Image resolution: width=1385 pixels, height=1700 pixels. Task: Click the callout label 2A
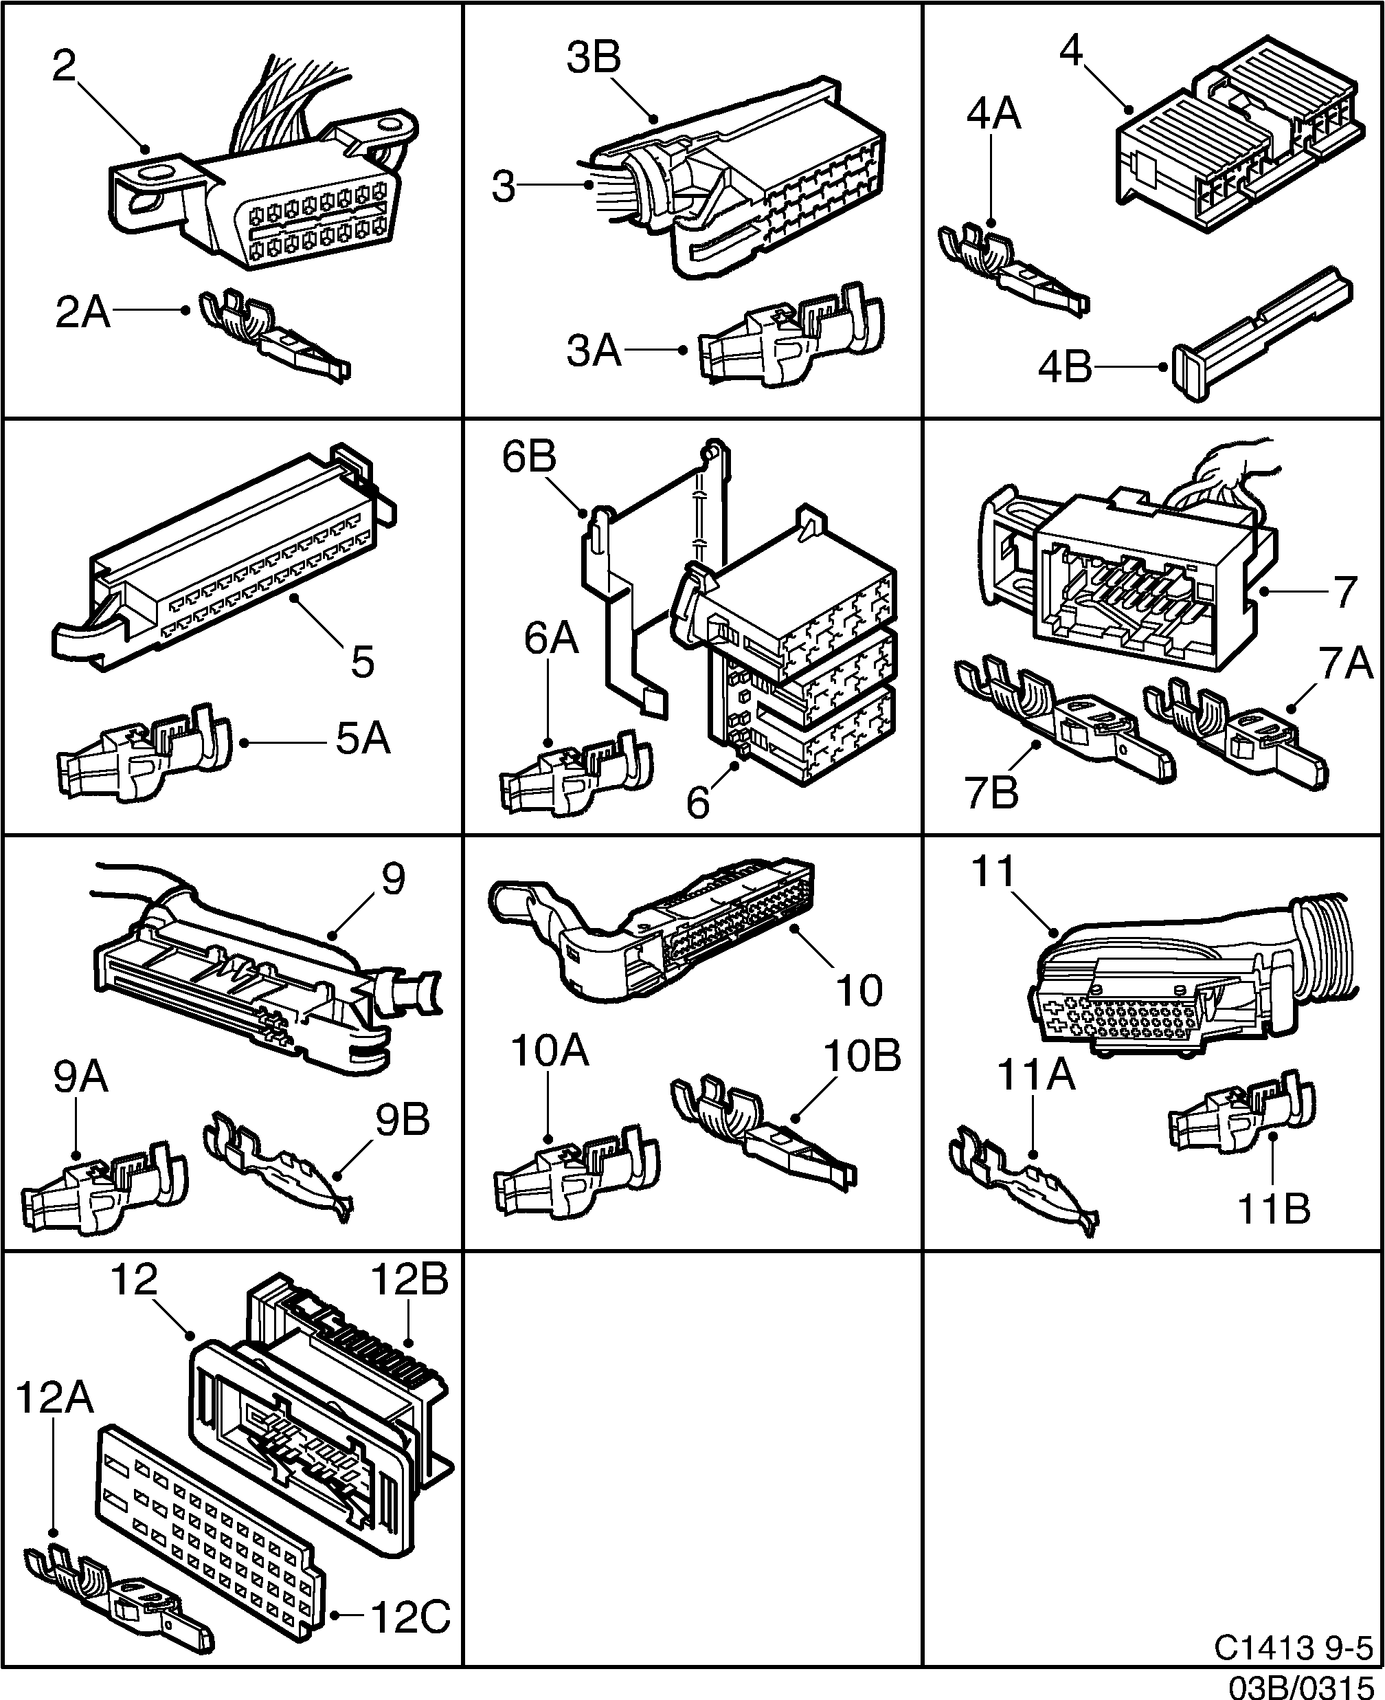point(82,312)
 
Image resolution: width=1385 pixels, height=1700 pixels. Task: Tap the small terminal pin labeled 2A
point(271,335)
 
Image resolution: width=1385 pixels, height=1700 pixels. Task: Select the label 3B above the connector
point(594,58)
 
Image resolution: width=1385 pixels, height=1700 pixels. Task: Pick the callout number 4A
point(993,114)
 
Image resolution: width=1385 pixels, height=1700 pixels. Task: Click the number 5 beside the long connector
point(362,661)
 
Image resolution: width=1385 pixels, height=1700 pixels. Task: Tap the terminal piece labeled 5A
point(144,754)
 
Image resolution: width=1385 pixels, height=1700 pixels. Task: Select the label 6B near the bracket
point(529,457)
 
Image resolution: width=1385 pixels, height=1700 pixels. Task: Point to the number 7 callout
point(1345,592)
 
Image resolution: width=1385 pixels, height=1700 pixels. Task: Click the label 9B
point(403,1120)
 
